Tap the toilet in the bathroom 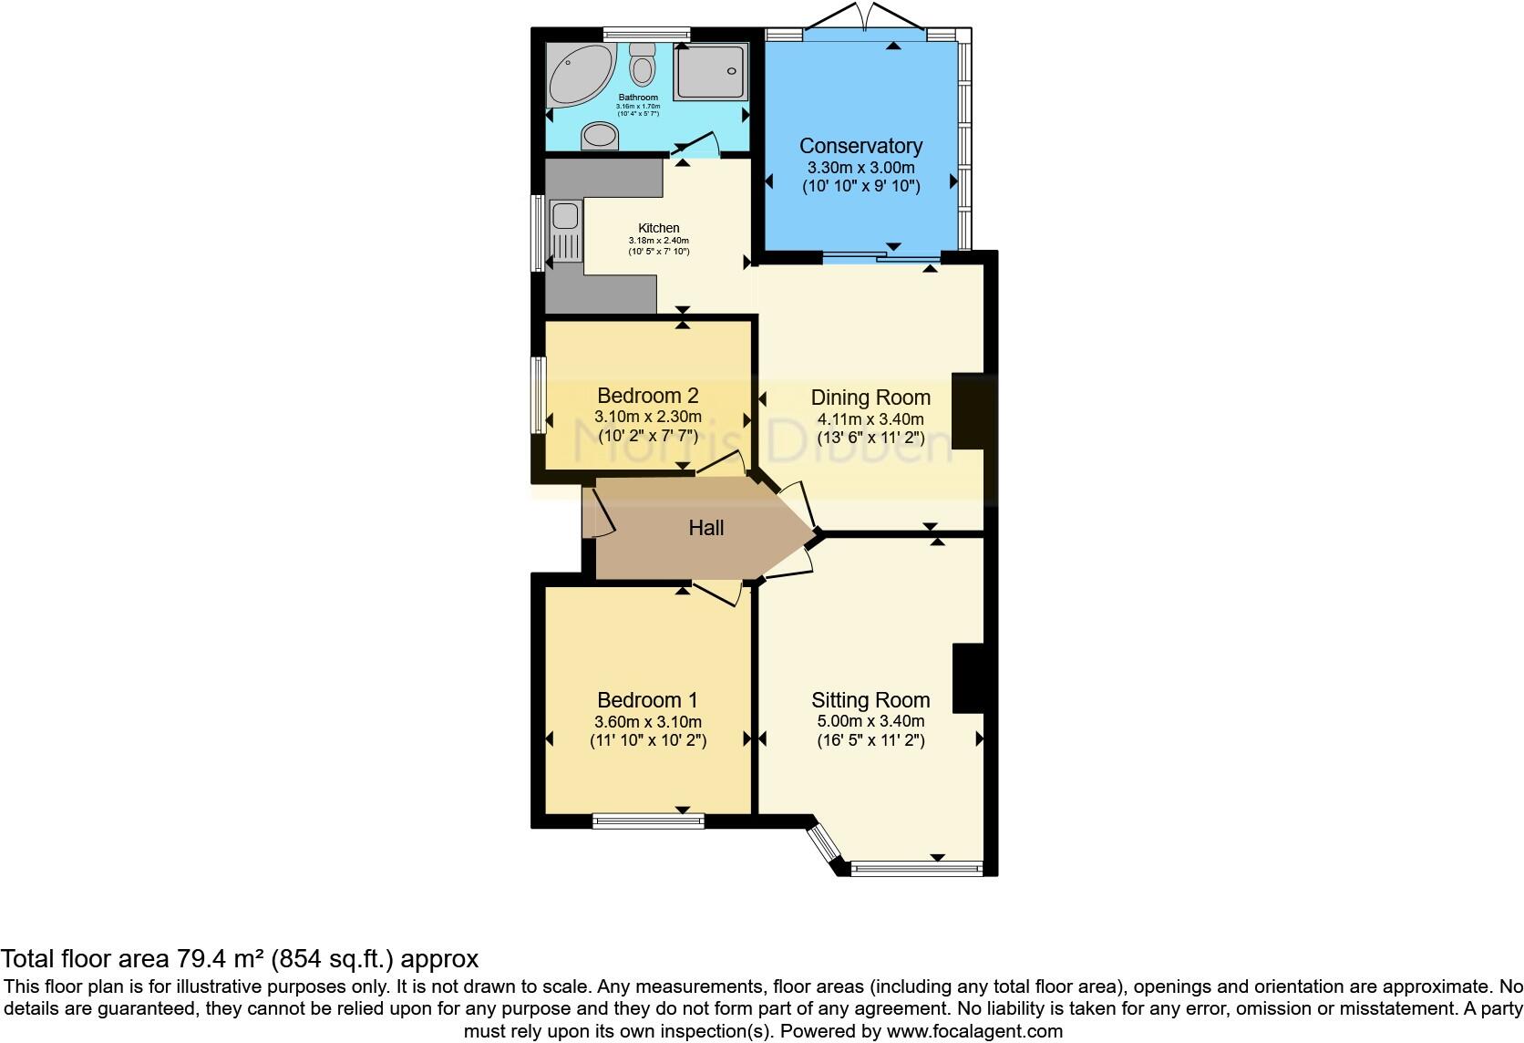[644, 65]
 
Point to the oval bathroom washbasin [600, 136]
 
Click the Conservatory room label [860, 146]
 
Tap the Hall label [705, 528]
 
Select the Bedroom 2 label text [647, 396]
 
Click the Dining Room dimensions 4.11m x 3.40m [870, 419]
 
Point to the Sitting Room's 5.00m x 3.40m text [870, 721]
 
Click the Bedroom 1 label [647, 700]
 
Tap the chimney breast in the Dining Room [968, 410]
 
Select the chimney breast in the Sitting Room [968, 678]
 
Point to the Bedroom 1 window [648, 821]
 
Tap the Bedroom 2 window [540, 394]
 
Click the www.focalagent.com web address [974, 1032]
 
